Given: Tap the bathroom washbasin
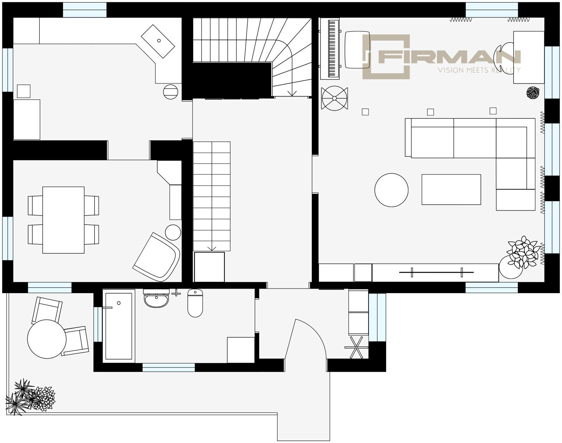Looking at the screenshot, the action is pyautogui.click(x=156, y=298).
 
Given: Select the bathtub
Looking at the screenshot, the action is pyautogui.click(x=119, y=326).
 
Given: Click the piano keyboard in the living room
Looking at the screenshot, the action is pyautogui.click(x=330, y=48).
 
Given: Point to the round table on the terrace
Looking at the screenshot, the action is pyautogui.click(x=47, y=339).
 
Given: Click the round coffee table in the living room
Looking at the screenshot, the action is pyautogui.click(x=391, y=190).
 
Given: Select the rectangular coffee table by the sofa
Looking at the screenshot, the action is pyautogui.click(x=451, y=190).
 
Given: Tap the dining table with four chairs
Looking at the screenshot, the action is pyautogui.click(x=64, y=220).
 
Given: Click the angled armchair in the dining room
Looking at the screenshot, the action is pyautogui.click(x=157, y=257).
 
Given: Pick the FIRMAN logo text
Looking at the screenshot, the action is pyautogui.click(x=449, y=57).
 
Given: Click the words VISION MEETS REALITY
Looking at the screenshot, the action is pyautogui.click(x=479, y=70).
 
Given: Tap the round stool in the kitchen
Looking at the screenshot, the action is pyautogui.click(x=171, y=92).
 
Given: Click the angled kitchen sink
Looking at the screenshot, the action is pyautogui.click(x=158, y=41).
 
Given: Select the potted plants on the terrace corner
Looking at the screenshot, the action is pyautogui.click(x=30, y=397).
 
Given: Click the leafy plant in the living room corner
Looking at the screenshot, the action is pyautogui.click(x=523, y=252).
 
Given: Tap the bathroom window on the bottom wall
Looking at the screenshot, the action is pyautogui.click(x=169, y=367).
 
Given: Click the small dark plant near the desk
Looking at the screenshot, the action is pyautogui.click(x=533, y=93).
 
